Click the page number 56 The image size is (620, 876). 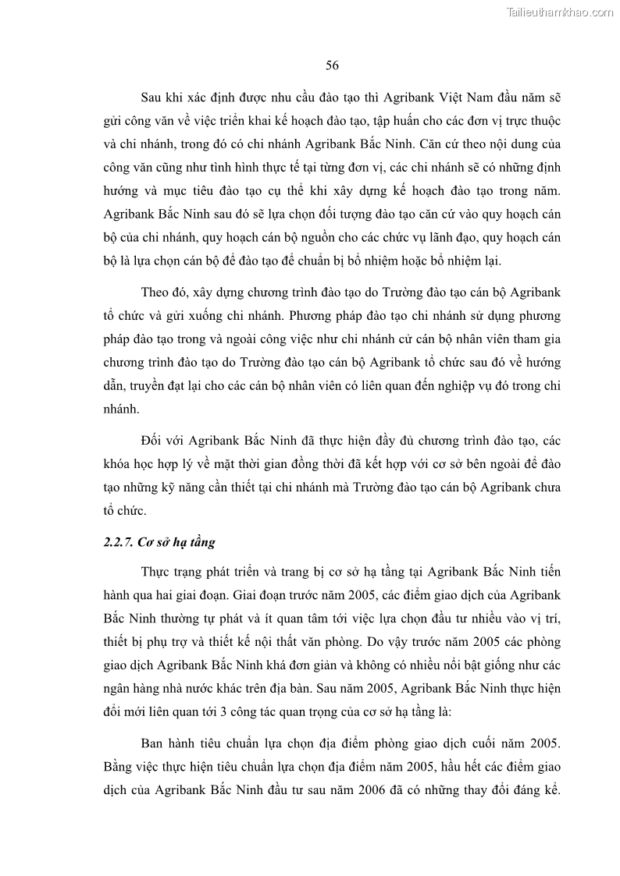[x=331, y=66]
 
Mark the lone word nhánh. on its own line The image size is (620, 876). [x=122, y=408]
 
